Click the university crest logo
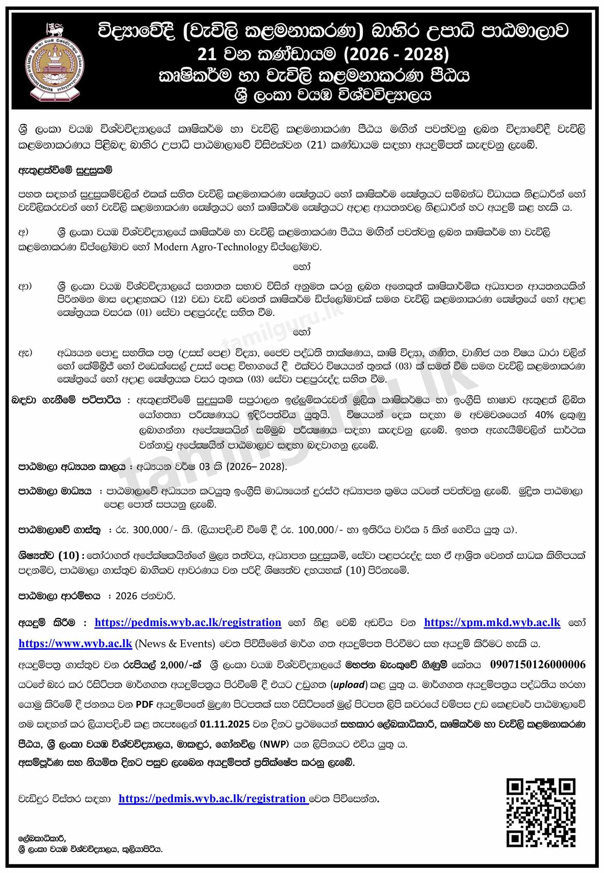(x=54, y=60)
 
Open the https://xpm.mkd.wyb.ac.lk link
(x=492, y=623)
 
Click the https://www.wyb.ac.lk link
(x=75, y=644)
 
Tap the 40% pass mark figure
(x=544, y=415)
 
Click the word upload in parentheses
(x=349, y=685)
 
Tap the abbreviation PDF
(x=144, y=704)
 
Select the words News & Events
(x=175, y=644)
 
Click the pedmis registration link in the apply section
(x=188, y=623)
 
